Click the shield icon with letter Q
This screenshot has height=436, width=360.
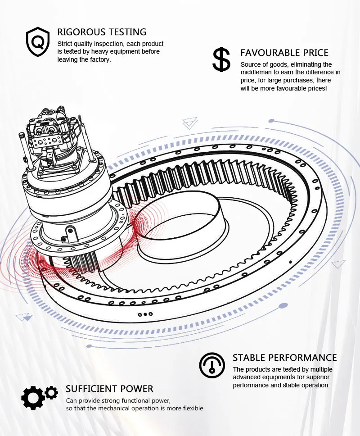(x=38, y=41)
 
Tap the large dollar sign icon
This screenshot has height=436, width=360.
(x=221, y=60)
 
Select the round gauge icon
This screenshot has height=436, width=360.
(x=211, y=365)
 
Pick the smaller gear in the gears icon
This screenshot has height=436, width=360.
(x=52, y=392)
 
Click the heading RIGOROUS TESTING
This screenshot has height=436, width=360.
(x=102, y=32)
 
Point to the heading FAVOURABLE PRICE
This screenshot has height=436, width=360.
(x=284, y=53)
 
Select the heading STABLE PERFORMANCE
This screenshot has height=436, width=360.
(x=284, y=358)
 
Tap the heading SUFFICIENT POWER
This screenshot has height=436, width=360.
(x=109, y=389)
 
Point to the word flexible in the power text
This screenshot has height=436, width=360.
(x=192, y=409)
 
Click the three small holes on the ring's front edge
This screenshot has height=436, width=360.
(x=145, y=314)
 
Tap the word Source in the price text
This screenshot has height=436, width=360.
(x=251, y=64)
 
